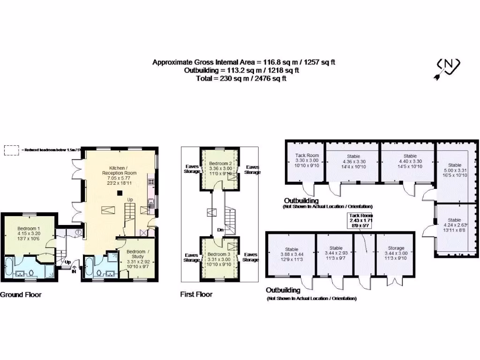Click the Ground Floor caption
pyautogui.click(x=21, y=295)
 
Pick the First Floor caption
pyautogui.click(x=196, y=294)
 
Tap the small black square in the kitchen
pyautogui.click(x=120, y=192)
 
